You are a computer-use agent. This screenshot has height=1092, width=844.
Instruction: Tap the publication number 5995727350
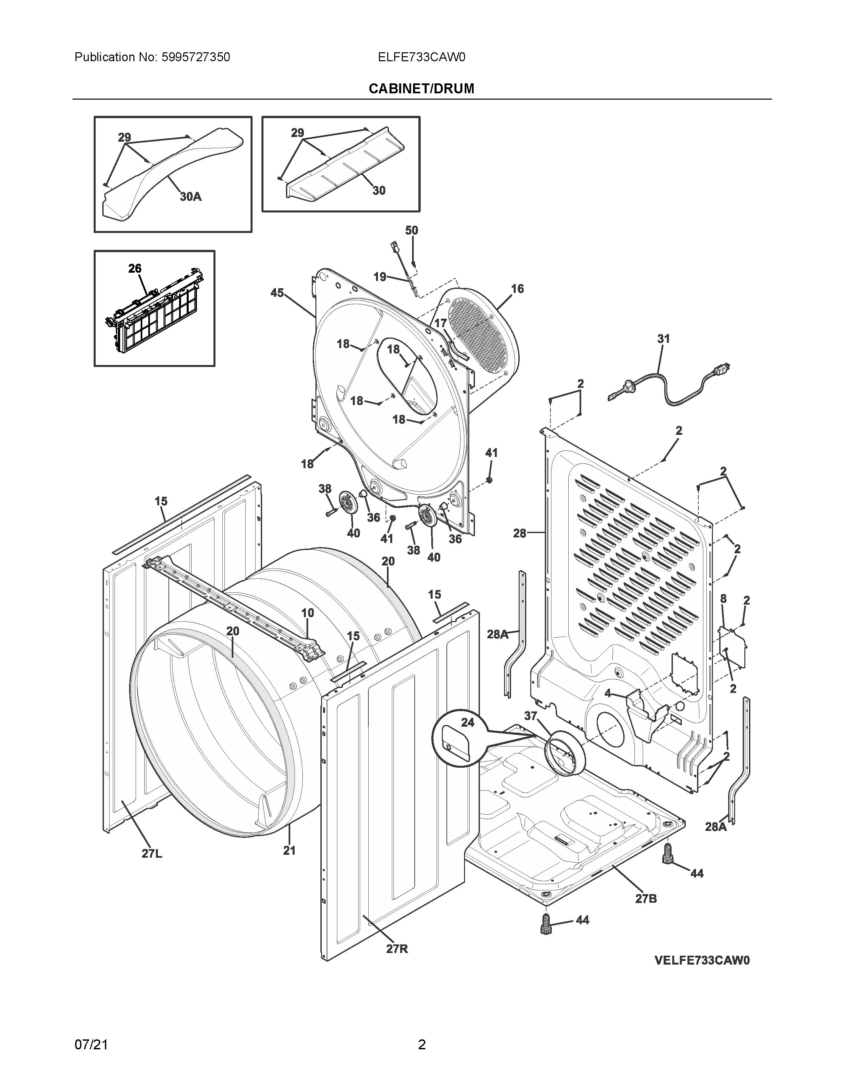[196, 58]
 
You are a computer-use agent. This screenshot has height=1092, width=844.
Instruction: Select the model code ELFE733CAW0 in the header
[421, 58]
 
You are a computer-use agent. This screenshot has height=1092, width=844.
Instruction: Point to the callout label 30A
[191, 197]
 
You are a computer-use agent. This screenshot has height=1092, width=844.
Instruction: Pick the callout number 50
[411, 231]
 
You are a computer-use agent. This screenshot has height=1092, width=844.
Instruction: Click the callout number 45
[277, 293]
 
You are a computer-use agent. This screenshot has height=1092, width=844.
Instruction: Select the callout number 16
[518, 289]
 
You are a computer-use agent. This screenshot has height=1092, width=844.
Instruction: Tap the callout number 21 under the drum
[290, 850]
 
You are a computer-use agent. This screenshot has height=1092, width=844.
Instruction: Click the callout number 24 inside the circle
[467, 722]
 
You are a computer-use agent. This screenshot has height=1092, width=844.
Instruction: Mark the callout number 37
[531, 716]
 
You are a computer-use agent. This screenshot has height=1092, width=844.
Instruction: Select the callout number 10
[307, 613]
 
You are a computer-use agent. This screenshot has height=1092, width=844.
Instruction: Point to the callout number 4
[607, 694]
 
